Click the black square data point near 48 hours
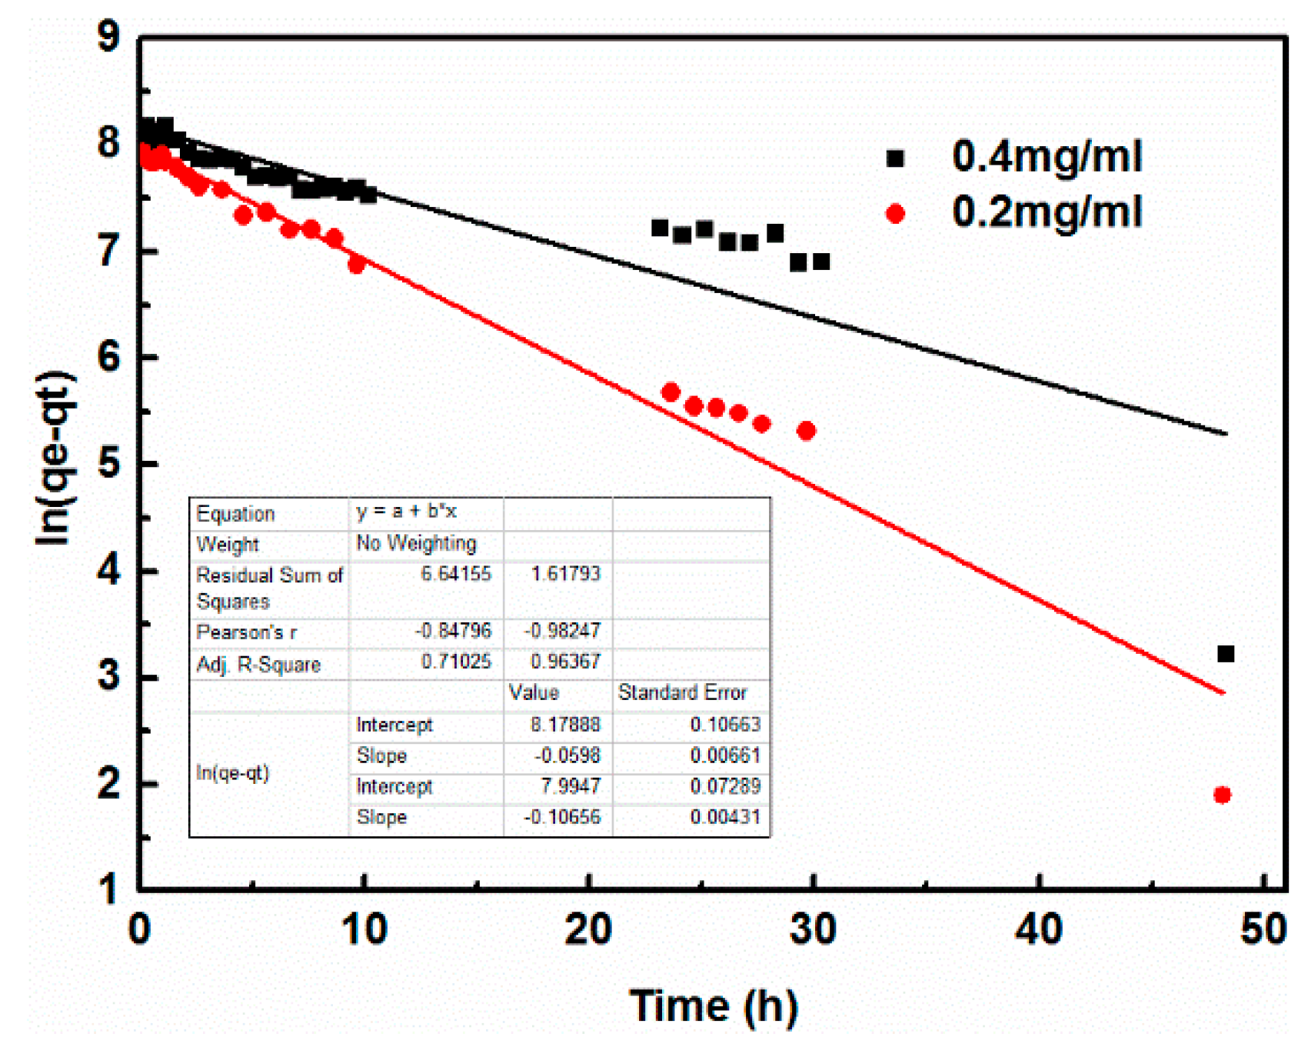(1226, 654)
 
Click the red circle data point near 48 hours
(1222, 795)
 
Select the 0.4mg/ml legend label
(1047, 156)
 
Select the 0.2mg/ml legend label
(1047, 212)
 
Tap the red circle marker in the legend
(895, 214)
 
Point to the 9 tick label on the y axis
(109, 36)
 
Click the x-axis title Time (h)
(714, 1005)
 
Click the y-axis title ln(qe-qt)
(55, 458)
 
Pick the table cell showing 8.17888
(565, 724)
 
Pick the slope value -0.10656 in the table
(562, 816)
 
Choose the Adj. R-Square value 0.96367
(565, 662)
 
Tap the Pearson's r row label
(246, 632)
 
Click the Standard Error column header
(682, 692)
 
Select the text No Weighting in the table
(416, 543)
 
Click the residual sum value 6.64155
(455, 573)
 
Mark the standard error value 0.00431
(725, 816)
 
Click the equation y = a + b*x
(406, 512)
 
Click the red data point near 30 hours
(806, 431)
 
